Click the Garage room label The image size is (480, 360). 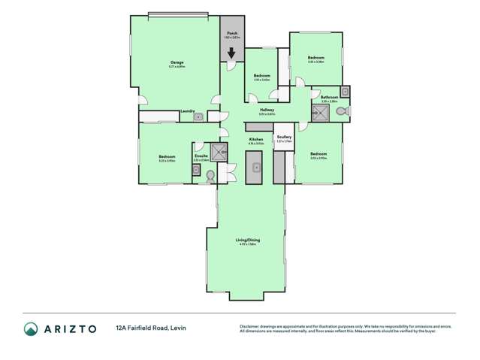(x=177, y=62)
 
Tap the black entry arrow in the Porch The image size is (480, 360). (x=232, y=53)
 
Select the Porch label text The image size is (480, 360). (x=232, y=34)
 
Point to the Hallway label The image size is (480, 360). (x=267, y=110)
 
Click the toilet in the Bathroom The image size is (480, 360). (x=341, y=112)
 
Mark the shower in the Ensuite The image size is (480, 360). (x=219, y=153)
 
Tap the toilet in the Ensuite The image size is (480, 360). (x=210, y=175)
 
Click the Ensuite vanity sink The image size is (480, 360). (x=196, y=171)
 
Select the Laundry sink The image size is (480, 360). (x=198, y=116)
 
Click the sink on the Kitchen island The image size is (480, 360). (x=255, y=167)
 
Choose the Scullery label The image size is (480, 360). (x=283, y=137)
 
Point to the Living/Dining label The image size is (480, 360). (x=248, y=240)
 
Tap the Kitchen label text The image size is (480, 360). (x=256, y=139)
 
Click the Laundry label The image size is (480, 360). (x=188, y=111)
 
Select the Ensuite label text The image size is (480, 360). (x=201, y=156)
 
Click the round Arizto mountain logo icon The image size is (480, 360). (x=31, y=328)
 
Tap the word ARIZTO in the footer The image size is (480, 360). (x=70, y=328)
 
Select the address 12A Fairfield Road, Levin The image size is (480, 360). (x=152, y=328)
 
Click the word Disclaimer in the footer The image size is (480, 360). (x=250, y=326)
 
